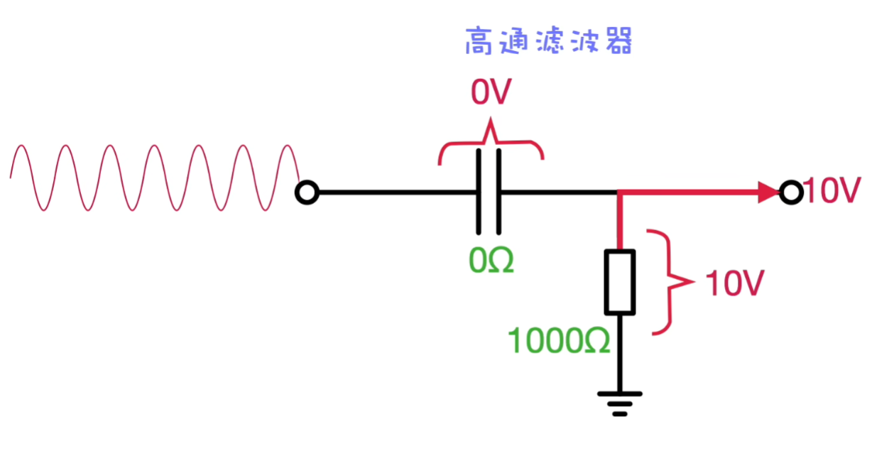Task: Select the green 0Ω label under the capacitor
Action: point(491,260)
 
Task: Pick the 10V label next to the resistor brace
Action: point(734,284)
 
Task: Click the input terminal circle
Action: point(307,192)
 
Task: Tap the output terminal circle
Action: point(790,192)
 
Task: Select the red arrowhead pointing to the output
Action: point(768,192)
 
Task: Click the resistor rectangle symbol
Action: point(619,281)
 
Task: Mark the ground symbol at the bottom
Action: point(620,403)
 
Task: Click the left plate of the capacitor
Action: point(479,192)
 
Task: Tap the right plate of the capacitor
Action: point(498,192)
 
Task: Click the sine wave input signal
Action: point(153,178)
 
